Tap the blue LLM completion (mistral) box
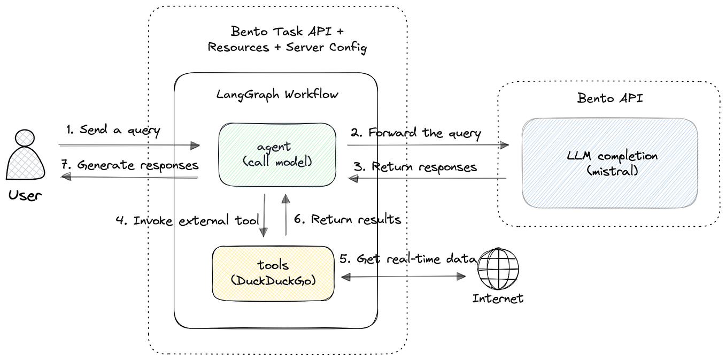(x=609, y=163)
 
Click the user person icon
(x=25, y=156)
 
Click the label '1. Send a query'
(x=113, y=130)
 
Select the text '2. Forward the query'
(x=416, y=133)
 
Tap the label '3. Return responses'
(x=416, y=167)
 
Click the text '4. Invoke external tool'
(x=189, y=220)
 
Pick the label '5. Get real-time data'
(x=408, y=258)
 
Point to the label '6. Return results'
(x=348, y=219)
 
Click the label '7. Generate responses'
(x=130, y=165)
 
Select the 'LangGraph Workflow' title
(x=277, y=95)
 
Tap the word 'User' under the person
(x=25, y=195)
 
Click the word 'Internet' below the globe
(x=498, y=298)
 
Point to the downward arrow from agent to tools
(x=264, y=215)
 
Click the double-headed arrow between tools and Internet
(x=404, y=277)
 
